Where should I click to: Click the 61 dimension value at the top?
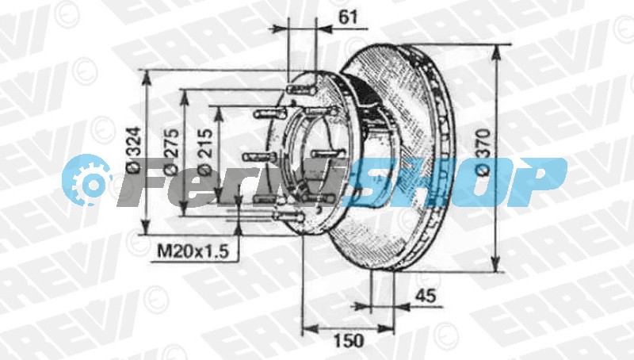[x=348, y=17]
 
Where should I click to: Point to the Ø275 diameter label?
[x=171, y=151]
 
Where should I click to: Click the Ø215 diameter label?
[x=205, y=151]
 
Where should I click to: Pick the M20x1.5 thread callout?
[x=193, y=251]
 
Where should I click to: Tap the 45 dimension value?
[x=426, y=296]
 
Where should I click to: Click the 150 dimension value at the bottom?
[x=349, y=341]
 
